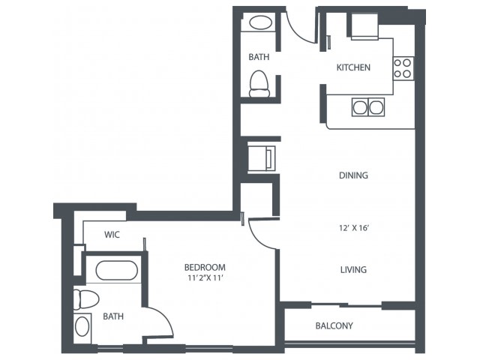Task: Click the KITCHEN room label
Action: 353,67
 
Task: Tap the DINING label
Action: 353,175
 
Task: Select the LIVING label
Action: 353,270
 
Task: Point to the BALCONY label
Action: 334,325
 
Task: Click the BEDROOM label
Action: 205,268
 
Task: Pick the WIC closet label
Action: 112,235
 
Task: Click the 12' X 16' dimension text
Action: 353,228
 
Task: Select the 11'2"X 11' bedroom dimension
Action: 204,278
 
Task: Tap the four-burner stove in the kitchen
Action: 403,68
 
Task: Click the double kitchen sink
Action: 368,107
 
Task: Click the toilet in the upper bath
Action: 259,84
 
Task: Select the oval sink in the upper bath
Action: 260,23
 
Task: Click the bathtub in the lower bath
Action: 117,270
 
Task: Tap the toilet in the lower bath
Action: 86,299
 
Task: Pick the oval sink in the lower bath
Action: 82,327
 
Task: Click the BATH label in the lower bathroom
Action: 113,316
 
